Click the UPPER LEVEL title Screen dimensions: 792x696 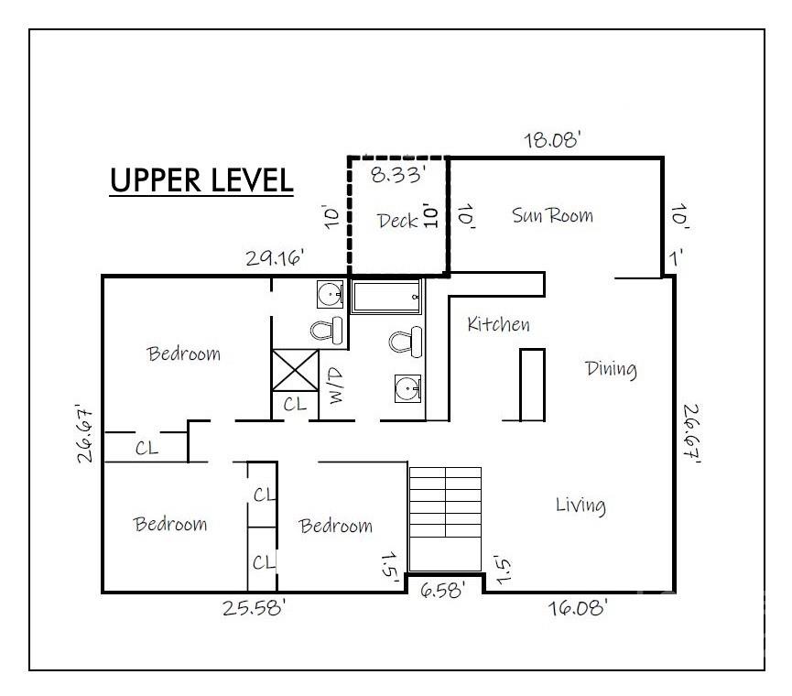click(201, 180)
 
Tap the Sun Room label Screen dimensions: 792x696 click(553, 216)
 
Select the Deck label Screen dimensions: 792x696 click(397, 221)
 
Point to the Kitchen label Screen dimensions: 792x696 click(498, 324)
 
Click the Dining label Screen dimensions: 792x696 click(611, 369)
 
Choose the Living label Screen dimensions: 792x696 click(580, 506)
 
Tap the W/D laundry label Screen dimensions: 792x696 click(336, 386)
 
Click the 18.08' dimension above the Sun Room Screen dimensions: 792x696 click(551, 140)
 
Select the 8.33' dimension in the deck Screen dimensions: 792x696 click(396, 175)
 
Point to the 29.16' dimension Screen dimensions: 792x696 click(276, 257)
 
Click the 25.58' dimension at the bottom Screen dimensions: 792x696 click(254, 607)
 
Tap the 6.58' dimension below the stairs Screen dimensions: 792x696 click(442, 590)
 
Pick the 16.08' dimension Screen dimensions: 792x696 click(578, 607)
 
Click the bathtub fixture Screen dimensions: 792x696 click(387, 297)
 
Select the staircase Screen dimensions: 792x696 click(445, 520)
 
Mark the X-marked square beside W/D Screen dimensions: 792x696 click(296, 371)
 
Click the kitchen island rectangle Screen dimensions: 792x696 click(532, 385)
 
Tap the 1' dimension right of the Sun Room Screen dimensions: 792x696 click(676, 258)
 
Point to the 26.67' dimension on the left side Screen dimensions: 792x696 click(85, 433)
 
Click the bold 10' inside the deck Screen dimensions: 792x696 click(429, 216)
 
